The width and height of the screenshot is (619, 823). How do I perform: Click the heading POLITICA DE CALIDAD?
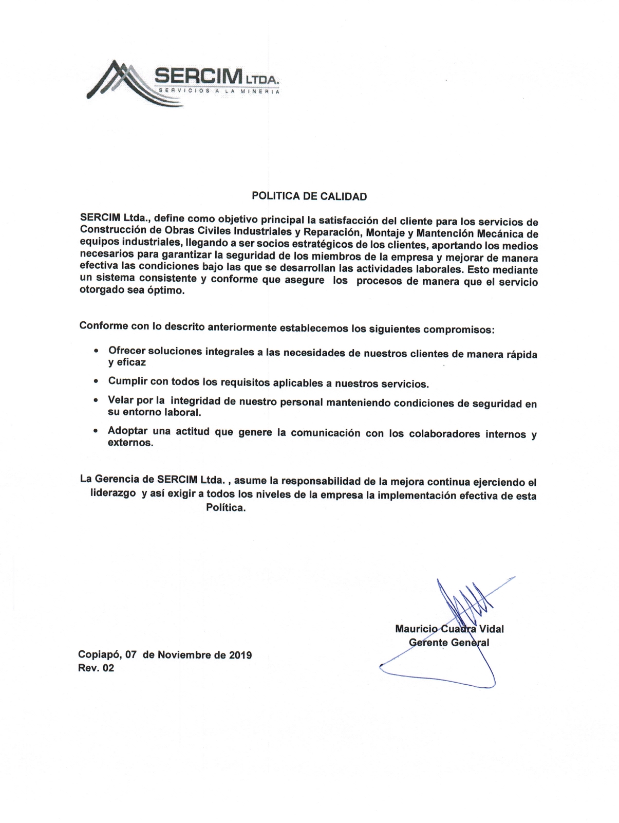(309, 196)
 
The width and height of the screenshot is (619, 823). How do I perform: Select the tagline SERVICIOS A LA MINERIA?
(219, 91)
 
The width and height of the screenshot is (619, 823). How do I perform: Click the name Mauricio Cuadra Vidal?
(449, 629)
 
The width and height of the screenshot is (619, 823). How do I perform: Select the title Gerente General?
(448, 642)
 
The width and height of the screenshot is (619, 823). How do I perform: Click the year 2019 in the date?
(240, 655)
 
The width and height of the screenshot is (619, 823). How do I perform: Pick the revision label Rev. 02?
(96, 668)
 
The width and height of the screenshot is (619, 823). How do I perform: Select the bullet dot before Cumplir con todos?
(96, 382)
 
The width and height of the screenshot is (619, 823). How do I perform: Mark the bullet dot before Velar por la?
(96, 400)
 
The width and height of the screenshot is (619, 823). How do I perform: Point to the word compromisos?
(458, 329)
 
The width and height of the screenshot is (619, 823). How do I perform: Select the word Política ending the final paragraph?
(226, 508)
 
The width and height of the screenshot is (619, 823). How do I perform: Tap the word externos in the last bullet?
(130, 443)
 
